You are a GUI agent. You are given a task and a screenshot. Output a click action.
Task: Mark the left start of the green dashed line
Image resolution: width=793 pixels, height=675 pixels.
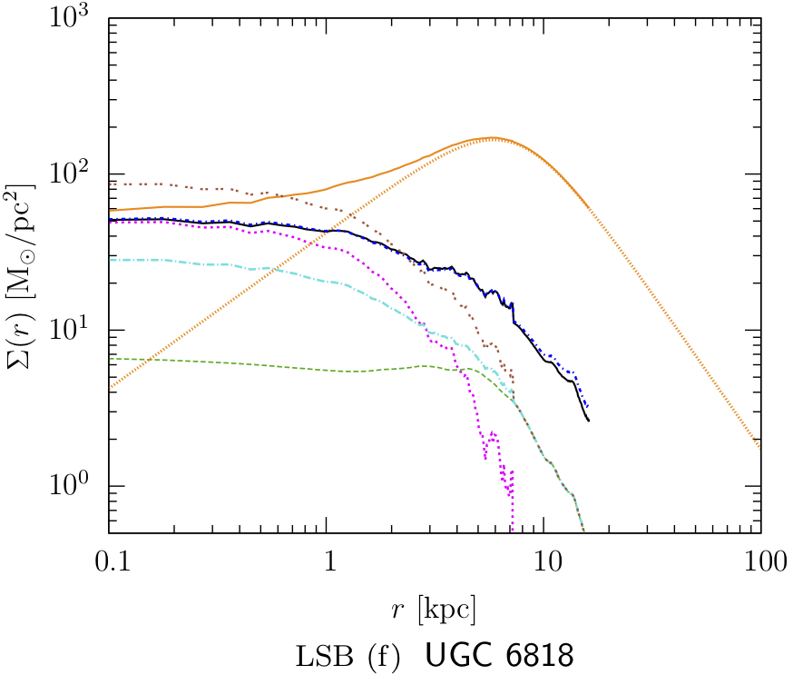coord(110,359)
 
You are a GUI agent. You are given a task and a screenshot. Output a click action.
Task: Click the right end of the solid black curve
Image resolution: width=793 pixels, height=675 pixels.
coord(589,421)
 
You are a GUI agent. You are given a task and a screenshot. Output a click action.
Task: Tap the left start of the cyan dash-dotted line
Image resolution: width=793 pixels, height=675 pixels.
coord(110,260)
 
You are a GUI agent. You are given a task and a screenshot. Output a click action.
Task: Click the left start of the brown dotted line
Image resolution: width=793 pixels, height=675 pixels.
coord(110,184)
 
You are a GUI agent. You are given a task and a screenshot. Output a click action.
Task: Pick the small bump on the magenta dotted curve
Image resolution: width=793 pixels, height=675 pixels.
coord(493,435)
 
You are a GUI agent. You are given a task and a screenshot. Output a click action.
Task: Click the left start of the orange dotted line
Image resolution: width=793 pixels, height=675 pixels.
coord(110,389)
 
